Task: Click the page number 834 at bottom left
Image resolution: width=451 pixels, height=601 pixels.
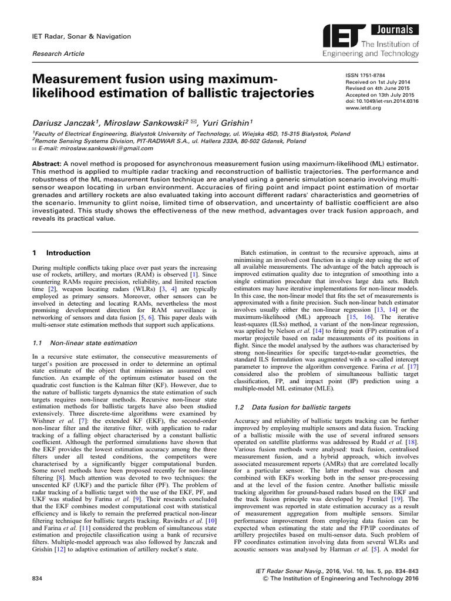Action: coord(36,579)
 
